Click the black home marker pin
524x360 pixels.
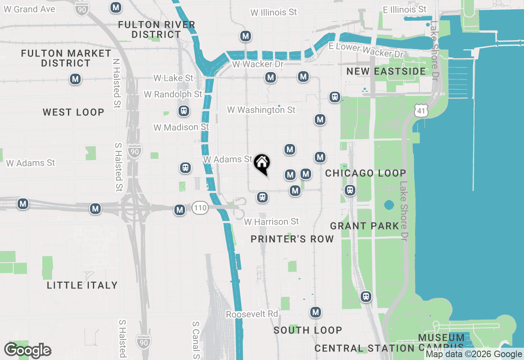tap(262, 164)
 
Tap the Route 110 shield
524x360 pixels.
tap(200, 208)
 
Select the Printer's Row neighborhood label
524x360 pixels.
tap(292, 239)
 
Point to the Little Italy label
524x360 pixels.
tap(82, 285)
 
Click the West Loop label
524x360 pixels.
tap(74, 112)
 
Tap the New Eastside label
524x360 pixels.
tap(386, 72)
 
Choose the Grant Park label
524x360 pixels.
tap(364, 226)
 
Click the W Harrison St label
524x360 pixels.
tap(271, 222)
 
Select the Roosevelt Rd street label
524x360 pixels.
tap(252, 314)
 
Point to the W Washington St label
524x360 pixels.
tap(261, 110)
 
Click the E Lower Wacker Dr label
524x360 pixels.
tap(366, 50)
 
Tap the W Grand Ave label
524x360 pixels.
tap(29, 9)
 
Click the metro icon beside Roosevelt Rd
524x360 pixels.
tap(315, 313)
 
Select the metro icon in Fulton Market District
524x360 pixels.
tap(75, 79)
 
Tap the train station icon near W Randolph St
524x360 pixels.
tap(184, 111)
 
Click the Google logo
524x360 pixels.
tap(27, 351)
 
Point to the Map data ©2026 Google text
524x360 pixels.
tap(474, 354)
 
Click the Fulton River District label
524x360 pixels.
tap(156, 29)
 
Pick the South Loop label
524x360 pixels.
tap(308, 330)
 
